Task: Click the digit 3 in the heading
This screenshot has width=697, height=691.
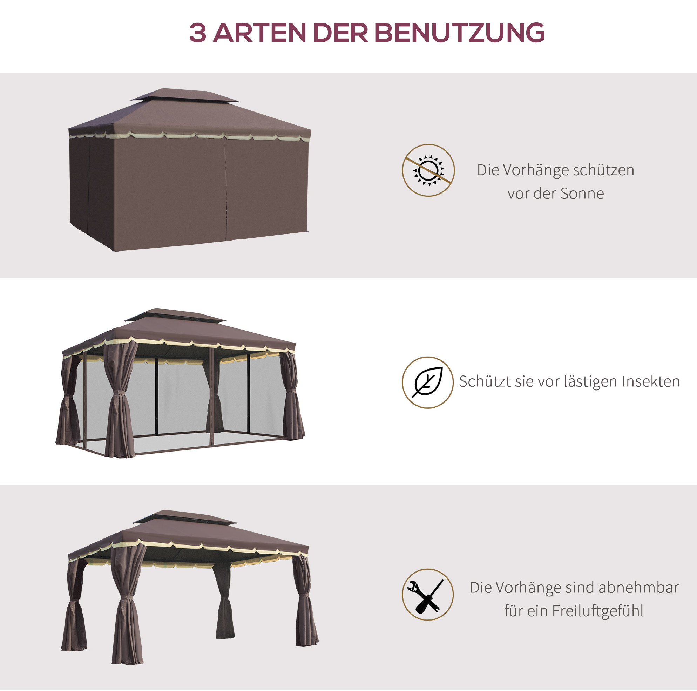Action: coord(198,33)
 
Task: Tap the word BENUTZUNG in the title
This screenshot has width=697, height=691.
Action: coord(460,33)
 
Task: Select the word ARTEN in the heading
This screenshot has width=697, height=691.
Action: coord(259,33)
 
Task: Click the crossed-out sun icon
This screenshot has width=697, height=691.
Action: coord(428,170)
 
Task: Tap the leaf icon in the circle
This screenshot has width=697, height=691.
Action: coord(427,382)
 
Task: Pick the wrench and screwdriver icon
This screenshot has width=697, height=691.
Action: coord(427,595)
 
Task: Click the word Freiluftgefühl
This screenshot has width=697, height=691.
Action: coord(597,611)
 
